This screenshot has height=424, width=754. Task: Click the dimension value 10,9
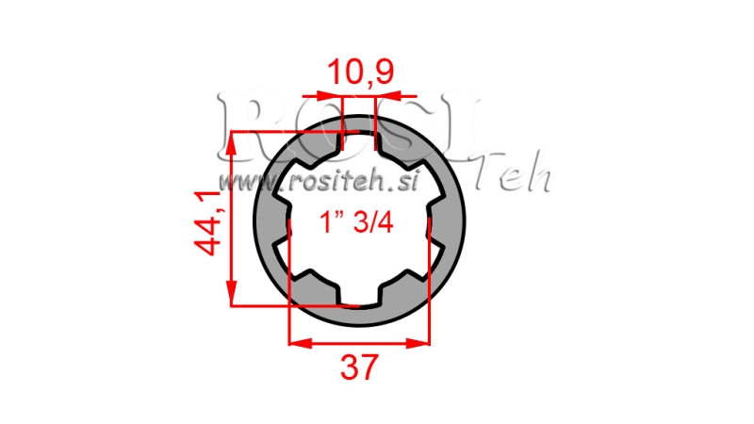click(359, 72)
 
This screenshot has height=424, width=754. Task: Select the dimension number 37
click(359, 366)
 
